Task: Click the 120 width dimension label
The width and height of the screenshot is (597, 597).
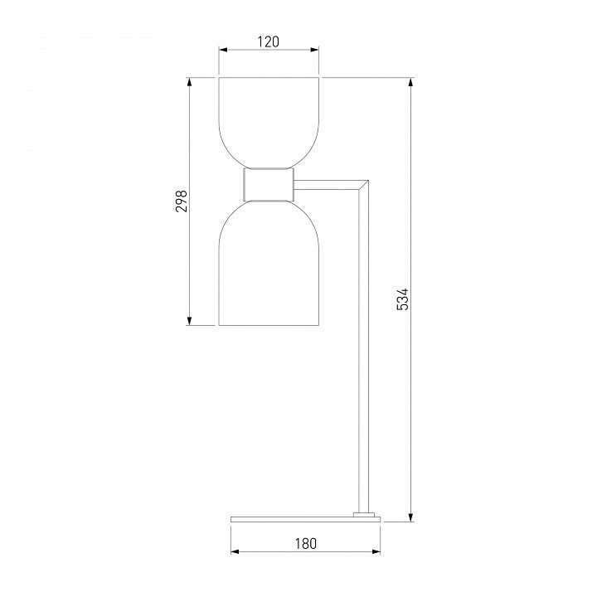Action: pyautogui.click(x=269, y=41)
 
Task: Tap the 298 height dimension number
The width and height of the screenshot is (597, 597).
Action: pyautogui.click(x=182, y=201)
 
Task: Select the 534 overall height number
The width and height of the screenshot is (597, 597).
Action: pyautogui.click(x=402, y=299)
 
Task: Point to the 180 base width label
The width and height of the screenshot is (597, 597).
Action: pyautogui.click(x=306, y=543)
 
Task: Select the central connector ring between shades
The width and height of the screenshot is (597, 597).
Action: pyautogui.click(x=269, y=185)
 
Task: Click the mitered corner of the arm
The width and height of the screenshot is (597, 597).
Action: pyautogui.click(x=363, y=185)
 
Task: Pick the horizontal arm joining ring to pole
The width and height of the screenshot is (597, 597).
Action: pyautogui.click(x=328, y=185)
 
